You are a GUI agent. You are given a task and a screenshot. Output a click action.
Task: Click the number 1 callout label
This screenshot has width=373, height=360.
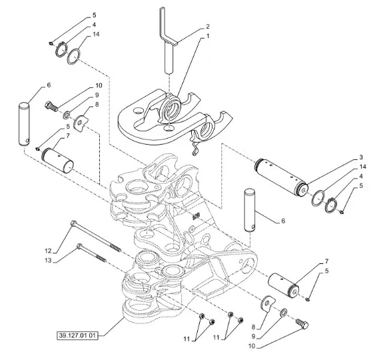(x=207, y=36)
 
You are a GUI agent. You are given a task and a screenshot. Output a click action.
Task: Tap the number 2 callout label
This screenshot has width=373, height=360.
(x=207, y=26)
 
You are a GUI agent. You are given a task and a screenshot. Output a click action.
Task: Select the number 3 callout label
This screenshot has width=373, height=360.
(x=361, y=157)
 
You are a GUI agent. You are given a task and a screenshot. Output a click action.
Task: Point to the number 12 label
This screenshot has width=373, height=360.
(x=48, y=251)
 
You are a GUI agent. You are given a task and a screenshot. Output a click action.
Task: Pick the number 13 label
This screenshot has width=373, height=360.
(x=48, y=261)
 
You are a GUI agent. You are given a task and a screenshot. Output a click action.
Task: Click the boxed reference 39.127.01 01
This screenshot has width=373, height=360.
(x=77, y=336)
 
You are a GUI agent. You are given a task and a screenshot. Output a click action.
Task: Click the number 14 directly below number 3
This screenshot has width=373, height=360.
(x=363, y=167)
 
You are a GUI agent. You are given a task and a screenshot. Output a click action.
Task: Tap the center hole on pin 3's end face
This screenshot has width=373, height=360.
(x=303, y=190)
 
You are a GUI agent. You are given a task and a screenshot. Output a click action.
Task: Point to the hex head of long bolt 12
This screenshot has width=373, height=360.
(x=73, y=223)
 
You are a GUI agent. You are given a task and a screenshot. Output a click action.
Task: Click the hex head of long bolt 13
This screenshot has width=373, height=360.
(x=79, y=246)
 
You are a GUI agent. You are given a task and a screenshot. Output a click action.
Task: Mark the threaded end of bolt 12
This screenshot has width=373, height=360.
(x=115, y=247)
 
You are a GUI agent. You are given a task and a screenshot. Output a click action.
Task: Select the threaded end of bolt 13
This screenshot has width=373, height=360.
(x=101, y=259)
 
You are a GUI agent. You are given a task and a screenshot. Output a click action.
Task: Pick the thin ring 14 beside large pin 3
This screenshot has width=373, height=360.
(x=318, y=198)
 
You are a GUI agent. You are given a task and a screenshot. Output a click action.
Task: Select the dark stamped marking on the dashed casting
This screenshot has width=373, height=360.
(x=196, y=216)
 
